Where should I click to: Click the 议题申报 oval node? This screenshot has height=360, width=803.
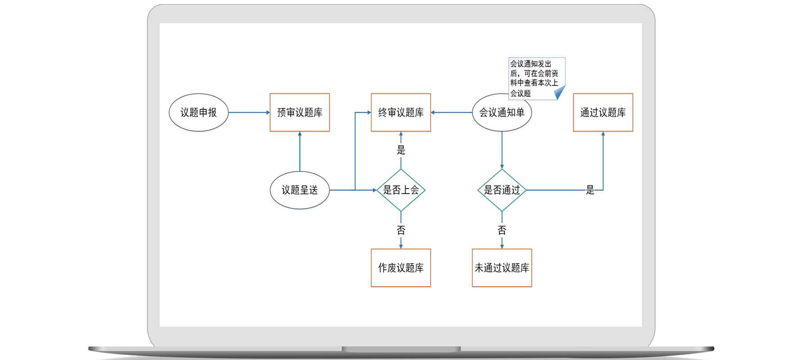[x=198, y=112]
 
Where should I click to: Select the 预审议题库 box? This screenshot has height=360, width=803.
[x=300, y=112]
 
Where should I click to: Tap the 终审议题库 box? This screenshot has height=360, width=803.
[x=401, y=112]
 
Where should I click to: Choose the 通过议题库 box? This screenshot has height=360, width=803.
[x=603, y=112]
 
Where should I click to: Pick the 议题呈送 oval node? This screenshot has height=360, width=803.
[x=300, y=190]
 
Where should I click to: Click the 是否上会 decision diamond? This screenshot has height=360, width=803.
[x=401, y=190]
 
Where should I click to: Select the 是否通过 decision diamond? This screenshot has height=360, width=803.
[x=502, y=190]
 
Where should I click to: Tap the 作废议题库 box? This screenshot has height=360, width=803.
[x=401, y=268]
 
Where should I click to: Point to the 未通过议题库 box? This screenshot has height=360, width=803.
[x=502, y=268]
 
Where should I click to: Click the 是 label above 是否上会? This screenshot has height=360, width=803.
[x=401, y=150]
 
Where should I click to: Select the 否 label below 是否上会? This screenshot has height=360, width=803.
[x=401, y=230]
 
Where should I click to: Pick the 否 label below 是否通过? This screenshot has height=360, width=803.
[x=502, y=230]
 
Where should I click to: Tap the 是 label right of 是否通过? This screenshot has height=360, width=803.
[x=590, y=190]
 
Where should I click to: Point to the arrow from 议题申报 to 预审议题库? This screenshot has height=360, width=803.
[x=249, y=112]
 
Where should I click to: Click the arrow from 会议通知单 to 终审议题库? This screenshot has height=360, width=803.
[x=451, y=112]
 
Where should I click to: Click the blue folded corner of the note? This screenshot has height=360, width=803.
[x=559, y=93]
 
